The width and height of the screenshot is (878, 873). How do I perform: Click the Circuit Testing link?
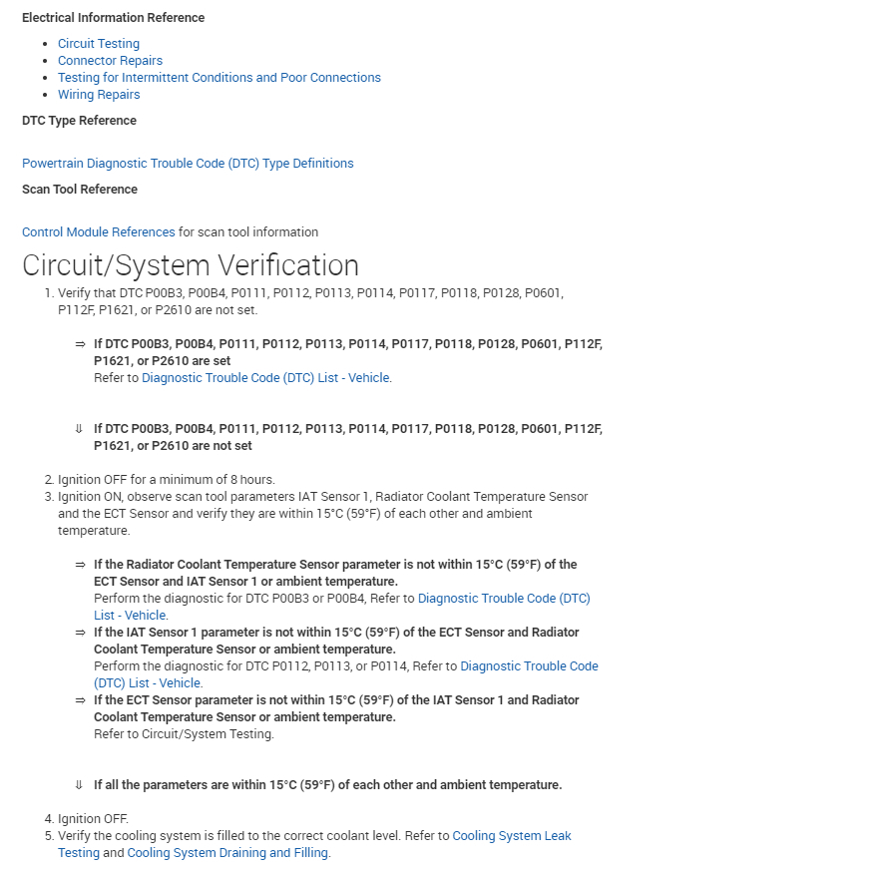[x=99, y=43]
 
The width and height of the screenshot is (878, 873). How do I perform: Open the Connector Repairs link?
[x=110, y=60]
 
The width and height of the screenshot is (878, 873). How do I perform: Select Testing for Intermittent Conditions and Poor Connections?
[x=219, y=77]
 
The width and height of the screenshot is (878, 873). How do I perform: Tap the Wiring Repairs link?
[x=99, y=95]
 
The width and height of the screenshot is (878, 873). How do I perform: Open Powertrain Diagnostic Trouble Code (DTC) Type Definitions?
[x=188, y=163]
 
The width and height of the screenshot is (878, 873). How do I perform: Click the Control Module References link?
[x=99, y=231]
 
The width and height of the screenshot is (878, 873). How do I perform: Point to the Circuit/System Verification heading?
[x=191, y=265]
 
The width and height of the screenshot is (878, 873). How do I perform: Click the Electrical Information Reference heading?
[x=114, y=18]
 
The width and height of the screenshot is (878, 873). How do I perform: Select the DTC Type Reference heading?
[x=79, y=121]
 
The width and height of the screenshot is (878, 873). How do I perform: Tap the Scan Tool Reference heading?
[x=80, y=190]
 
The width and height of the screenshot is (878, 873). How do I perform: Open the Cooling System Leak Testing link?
[x=512, y=836]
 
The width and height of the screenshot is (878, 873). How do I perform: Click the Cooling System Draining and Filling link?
[x=228, y=853]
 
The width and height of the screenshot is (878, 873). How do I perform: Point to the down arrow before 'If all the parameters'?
[x=79, y=785]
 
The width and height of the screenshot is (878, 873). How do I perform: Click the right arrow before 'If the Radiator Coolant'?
[x=80, y=565]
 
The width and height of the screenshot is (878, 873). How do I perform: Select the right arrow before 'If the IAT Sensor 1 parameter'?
[x=80, y=633]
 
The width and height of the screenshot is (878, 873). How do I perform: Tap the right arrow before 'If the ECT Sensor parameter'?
[x=80, y=700]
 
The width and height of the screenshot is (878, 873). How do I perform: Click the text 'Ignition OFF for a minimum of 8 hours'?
[x=166, y=480]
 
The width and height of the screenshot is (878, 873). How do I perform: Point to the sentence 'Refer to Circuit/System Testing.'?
[x=184, y=734]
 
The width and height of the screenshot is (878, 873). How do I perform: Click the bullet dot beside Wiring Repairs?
[x=47, y=95]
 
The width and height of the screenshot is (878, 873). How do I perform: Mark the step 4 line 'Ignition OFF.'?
[x=93, y=819]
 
